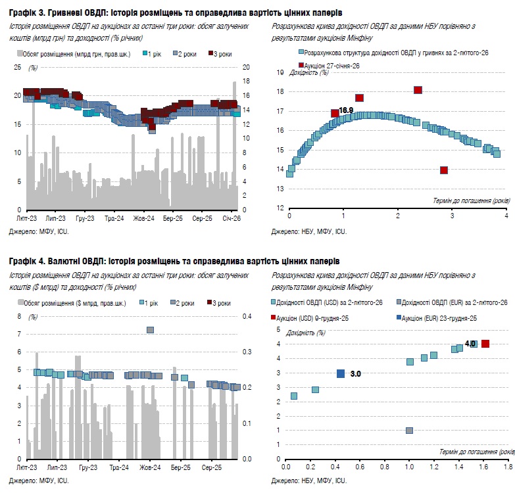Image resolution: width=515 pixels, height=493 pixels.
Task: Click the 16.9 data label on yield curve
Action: (x=346, y=110)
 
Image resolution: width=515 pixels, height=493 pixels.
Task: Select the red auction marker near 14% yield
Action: (x=444, y=170)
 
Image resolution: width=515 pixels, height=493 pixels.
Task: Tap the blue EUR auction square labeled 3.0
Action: (x=341, y=373)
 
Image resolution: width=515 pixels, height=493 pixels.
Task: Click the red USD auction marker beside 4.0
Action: (x=485, y=344)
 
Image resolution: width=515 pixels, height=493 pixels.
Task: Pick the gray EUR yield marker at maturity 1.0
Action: (x=409, y=431)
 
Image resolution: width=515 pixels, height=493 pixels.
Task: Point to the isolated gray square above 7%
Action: (x=150, y=330)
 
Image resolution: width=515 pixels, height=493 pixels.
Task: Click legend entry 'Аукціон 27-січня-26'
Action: (x=331, y=66)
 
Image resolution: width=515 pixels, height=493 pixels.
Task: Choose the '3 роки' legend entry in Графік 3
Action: (x=222, y=54)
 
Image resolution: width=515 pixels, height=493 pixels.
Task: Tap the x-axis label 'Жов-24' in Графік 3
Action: (x=143, y=218)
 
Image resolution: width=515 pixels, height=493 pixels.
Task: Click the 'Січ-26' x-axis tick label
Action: (x=230, y=218)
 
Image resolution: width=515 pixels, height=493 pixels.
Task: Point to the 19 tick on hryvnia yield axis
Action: (x=280, y=73)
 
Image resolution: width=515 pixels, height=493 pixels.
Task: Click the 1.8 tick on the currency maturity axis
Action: (x=508, y=467)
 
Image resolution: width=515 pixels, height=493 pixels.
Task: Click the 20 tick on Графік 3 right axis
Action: (x=247, y=67)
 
